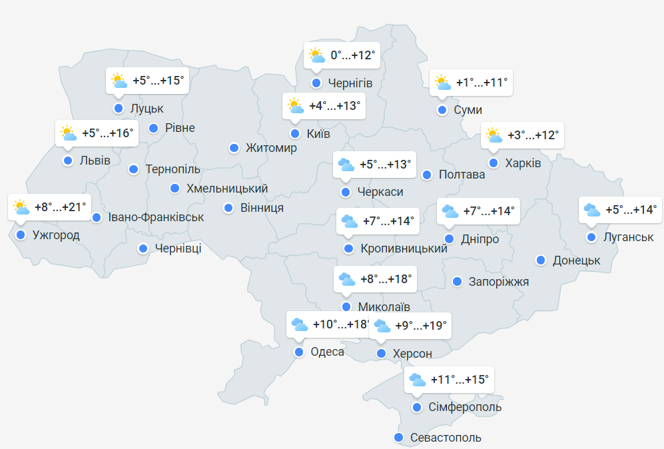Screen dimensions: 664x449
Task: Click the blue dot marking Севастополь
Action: coord(398,438)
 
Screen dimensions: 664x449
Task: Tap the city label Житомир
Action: coord(271,148)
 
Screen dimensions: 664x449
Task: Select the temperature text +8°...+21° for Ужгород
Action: coord(60,207)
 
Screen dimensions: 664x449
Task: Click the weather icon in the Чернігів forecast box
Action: coord(317,55)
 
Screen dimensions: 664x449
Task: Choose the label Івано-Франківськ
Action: coord(156,217)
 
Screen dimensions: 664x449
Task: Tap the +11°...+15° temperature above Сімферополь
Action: coord(460,380)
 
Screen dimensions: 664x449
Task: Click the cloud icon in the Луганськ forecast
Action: coord(591,210)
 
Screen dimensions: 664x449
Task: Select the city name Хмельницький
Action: coord(227,189)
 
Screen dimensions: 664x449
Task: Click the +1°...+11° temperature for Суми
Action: coord(482,83)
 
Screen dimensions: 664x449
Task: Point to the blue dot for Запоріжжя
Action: coord(457,282)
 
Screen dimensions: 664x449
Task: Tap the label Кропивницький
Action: coord(404,248)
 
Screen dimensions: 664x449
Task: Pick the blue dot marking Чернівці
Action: coord(143,248)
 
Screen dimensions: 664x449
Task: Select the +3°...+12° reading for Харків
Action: coord(533,135)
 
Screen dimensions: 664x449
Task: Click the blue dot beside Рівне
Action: coord(154,128)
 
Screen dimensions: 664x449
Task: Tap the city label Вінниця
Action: coord(262,208)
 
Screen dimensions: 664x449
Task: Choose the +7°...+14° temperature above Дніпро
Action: coord(489,211)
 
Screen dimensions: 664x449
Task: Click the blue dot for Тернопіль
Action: coord(133,169)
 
